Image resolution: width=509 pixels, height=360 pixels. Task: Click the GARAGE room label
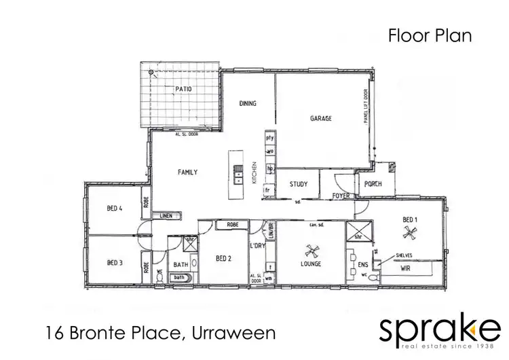[x=320, y=119]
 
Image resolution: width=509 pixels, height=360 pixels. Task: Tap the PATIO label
[x=183, y=89]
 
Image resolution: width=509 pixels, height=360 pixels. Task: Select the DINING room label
[x=247, y=104]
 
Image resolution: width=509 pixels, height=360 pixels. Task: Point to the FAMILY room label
[x=187, y=173]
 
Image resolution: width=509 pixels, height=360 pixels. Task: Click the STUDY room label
[x=298, y=184]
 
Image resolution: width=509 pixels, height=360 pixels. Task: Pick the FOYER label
[x=340, y=196]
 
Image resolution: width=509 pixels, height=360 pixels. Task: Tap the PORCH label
[x=372, y=183]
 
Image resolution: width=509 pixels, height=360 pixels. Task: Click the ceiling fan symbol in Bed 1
[x=409, y=234]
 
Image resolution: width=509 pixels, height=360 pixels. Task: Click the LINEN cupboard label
[x=166, y=216]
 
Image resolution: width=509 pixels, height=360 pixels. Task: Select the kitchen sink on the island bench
[x=238, y=174]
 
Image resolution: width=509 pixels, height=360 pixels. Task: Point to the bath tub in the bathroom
[x=179, y=277]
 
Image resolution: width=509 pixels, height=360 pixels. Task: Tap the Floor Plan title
[x=430, y=35]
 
